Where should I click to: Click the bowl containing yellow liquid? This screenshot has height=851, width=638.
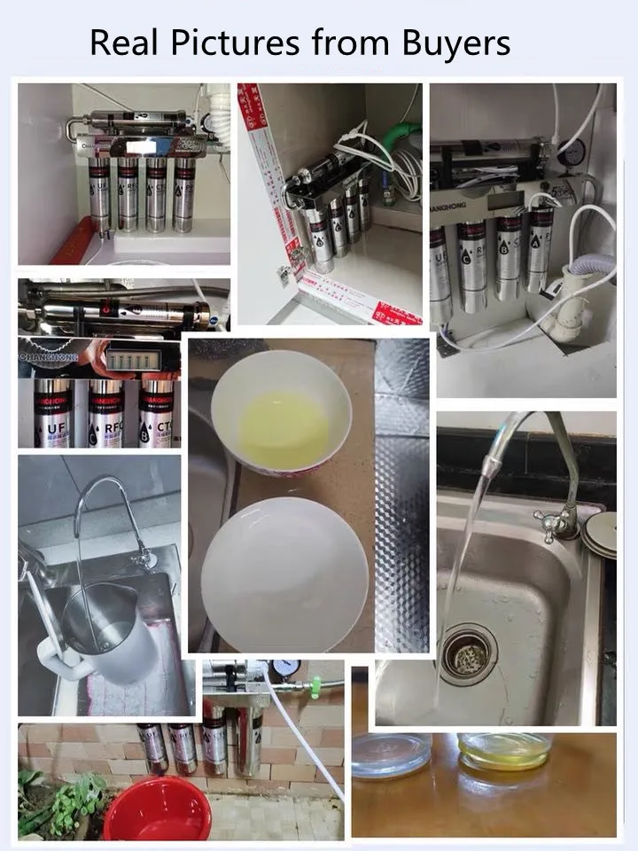(x=281, y=413)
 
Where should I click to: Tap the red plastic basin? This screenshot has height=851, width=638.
(x=158, y=809)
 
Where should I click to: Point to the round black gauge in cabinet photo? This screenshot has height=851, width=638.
(x=572, y=152)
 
